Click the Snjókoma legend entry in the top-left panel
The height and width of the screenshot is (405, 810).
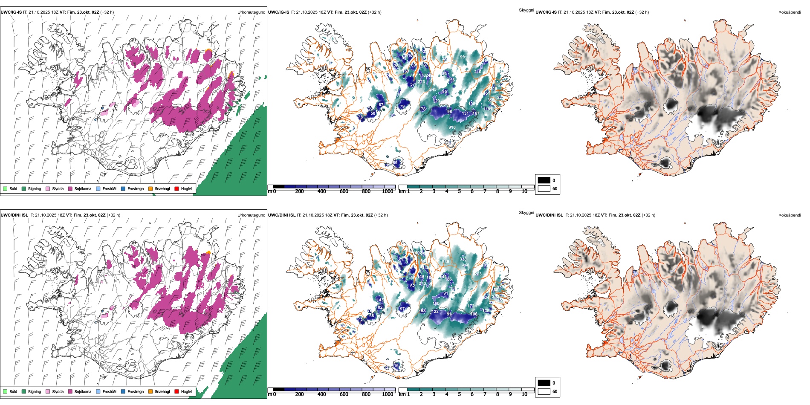pos(83,189)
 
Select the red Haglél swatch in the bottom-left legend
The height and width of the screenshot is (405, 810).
pos(176,391)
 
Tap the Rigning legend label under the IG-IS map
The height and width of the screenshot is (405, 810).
pos(35,189)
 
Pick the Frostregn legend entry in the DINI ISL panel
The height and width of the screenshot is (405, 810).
pos(135,391)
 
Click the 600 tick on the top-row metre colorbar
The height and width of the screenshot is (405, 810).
pos(344,191)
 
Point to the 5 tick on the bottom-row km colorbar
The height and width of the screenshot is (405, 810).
pos(460,394)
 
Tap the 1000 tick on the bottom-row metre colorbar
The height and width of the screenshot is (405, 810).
pos(388,394)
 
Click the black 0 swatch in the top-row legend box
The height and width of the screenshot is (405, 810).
pos(544,180)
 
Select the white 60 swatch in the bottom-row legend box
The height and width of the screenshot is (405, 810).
pos(544,391)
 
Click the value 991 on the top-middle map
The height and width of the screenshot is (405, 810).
pos(463,57)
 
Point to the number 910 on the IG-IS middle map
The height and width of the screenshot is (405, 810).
pos(452,127)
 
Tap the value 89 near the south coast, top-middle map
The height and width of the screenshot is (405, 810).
pos(395,163)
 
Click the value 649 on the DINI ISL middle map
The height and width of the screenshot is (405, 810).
pos(445,262)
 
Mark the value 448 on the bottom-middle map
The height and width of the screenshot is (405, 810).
pos(466,265)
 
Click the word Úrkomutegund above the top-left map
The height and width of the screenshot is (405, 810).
pos(251,12)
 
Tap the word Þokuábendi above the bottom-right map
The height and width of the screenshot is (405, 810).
pos(790,215)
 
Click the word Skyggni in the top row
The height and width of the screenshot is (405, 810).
pos(526,10)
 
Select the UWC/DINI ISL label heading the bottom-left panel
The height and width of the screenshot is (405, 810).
pos(14,215)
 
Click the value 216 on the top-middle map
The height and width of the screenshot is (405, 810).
pos(477,72)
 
